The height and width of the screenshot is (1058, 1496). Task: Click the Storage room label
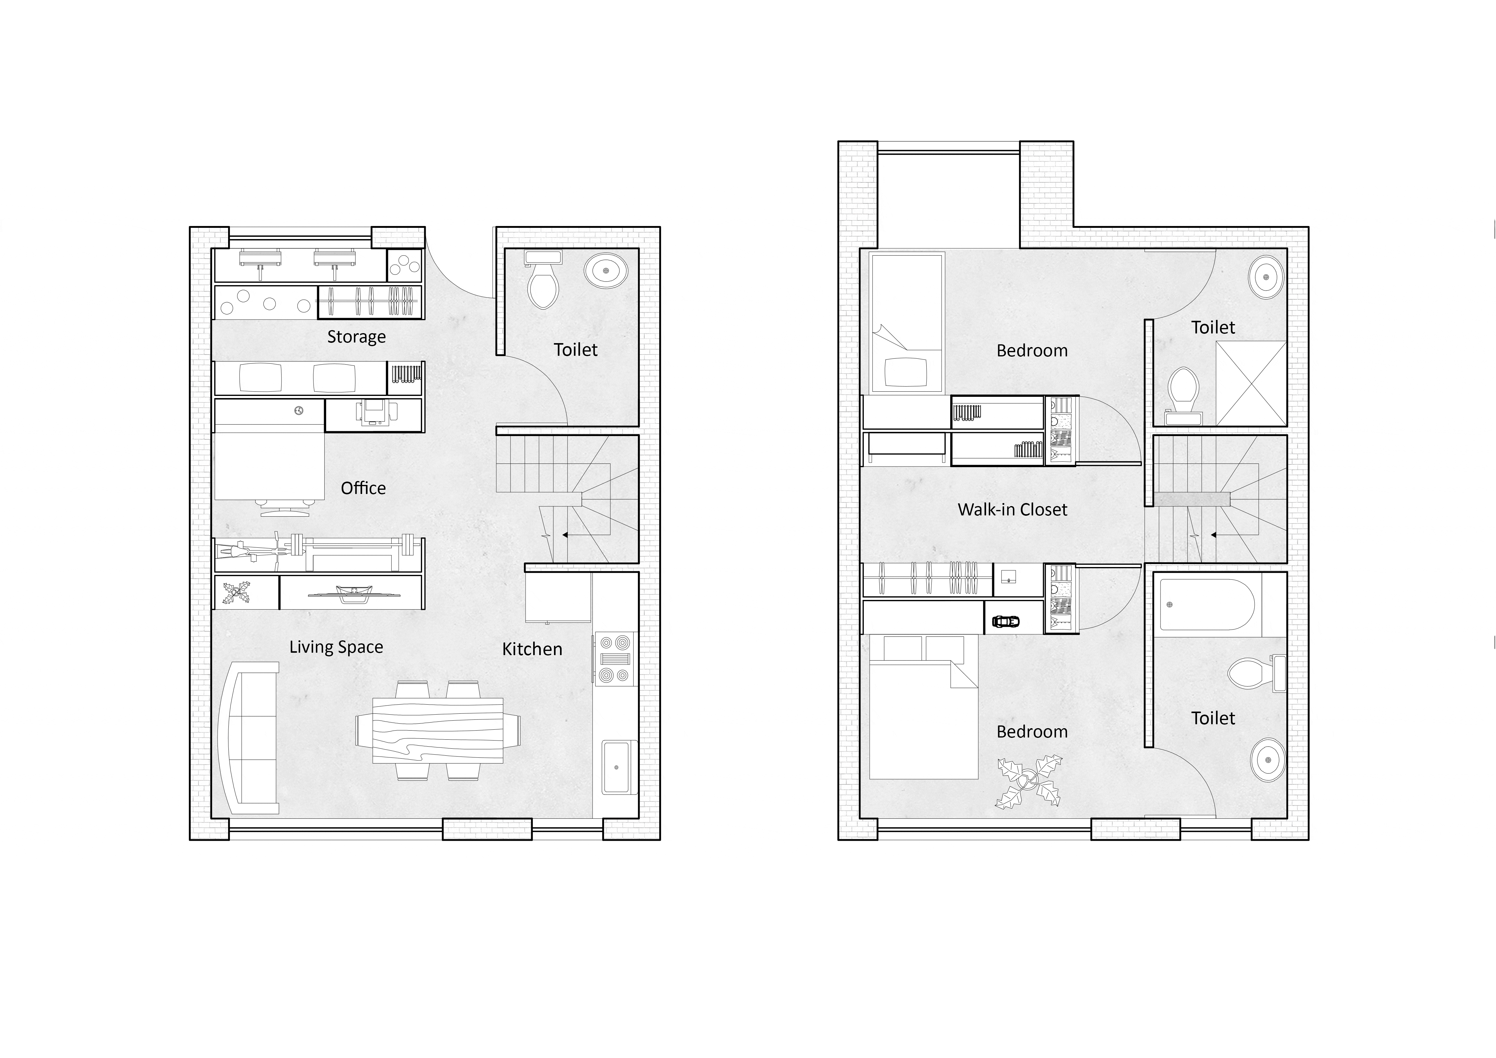[356, 337]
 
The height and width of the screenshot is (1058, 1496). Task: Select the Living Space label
[336, 647]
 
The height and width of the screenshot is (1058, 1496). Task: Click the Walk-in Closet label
[1013, 509]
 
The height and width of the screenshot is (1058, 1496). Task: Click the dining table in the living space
[438, 730]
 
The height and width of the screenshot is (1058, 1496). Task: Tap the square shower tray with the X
[1251, 384]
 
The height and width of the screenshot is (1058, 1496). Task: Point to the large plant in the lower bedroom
[1028, 782]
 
